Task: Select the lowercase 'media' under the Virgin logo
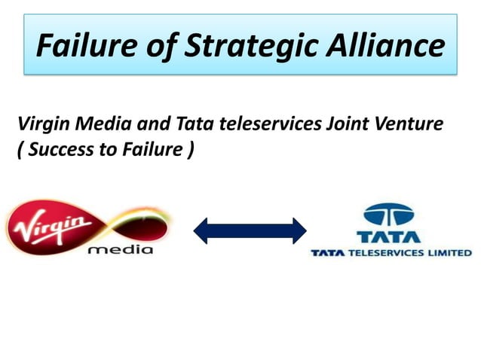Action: click(120, 249)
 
